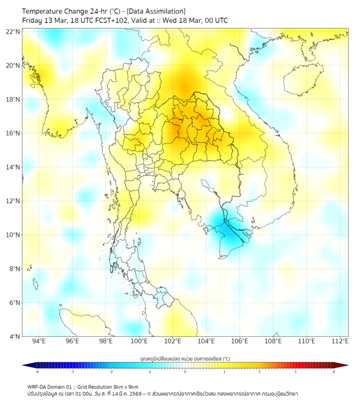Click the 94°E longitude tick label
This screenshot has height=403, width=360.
click(x=39, y=342)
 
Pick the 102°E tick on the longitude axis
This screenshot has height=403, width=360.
click(x=173, y=342)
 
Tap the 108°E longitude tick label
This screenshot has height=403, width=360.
click(x=273, y=342)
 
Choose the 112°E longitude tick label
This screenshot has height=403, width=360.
click(x=340, y=342)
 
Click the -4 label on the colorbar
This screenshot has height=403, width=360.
click(x=37, y=372)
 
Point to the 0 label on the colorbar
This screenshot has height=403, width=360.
click(x=185, y=372)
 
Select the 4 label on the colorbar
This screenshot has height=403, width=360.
click(x=334, y=372)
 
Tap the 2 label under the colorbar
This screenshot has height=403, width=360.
click(x=259, y=372)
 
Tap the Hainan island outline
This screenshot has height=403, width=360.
click(x=304, y=80)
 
